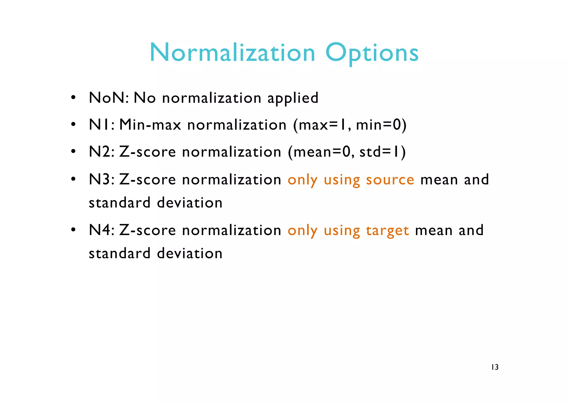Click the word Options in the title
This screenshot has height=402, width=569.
pos(372,53)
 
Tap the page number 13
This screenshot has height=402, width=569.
pos(495,367)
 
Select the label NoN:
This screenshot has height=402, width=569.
pos(109,98)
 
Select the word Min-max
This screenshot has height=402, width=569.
pos(150,125)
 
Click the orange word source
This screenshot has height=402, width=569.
pos(390,179)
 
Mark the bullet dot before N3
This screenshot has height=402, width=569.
pos(73,179)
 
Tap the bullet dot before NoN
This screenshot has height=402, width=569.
pos(73,98)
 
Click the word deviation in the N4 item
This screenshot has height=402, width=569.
pos(190,253)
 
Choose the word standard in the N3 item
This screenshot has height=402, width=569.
pos(119,203)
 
